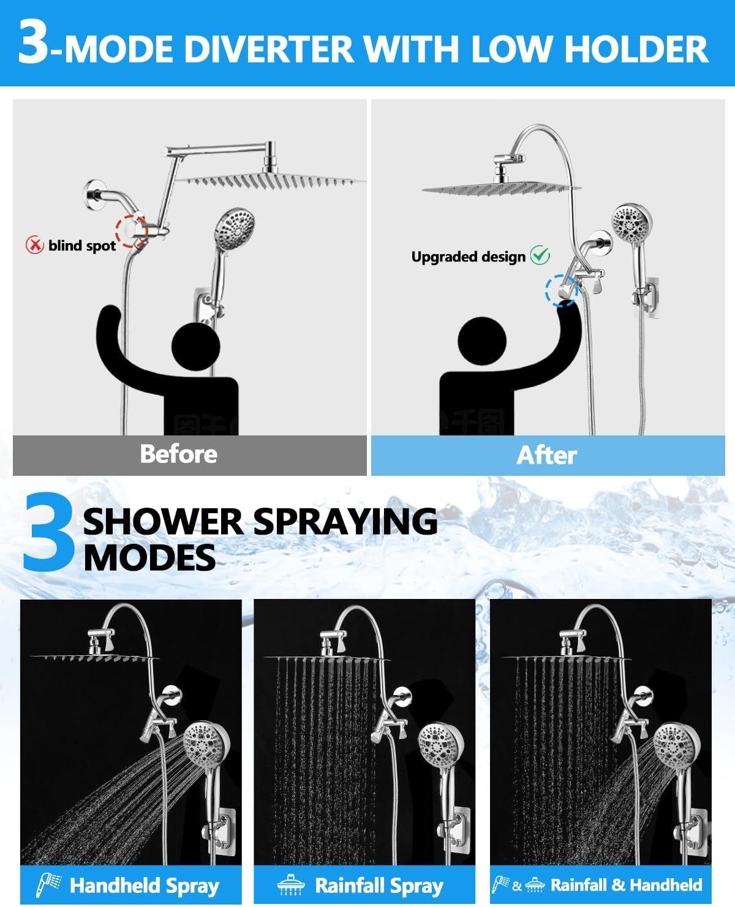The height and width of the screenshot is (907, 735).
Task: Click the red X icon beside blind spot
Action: (x=34, y=246)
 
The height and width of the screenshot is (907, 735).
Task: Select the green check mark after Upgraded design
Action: (x=540, y=255)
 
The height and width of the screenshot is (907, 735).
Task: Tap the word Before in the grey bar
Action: (x=178, y=454)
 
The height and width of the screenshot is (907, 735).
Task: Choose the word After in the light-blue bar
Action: (x=546, y=455)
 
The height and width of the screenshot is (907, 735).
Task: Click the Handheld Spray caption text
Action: (x=144, y=885)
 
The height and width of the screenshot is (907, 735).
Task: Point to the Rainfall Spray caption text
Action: (x=379, y=885)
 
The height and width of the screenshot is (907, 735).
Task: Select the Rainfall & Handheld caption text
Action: (x=626, y=884)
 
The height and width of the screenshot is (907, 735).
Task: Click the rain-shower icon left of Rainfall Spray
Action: (x=291, y=885)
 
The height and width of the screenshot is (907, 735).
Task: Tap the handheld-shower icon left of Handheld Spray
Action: (x=47, y=885)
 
